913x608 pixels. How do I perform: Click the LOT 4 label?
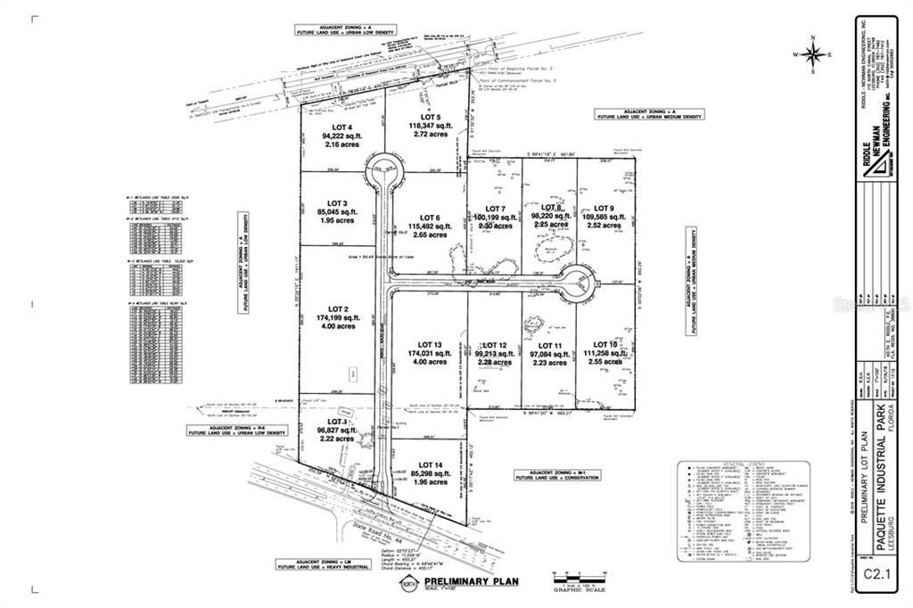click(x=331, y=127)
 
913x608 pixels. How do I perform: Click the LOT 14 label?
click(x=431, y=465)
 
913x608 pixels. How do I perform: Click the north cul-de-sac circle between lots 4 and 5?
click(x=386, y=168)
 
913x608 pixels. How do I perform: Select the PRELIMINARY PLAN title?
click(x=467, y=582)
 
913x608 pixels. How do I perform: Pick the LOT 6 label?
click(x=431, y=218)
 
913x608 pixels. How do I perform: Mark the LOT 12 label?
click(x=489, y=345)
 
